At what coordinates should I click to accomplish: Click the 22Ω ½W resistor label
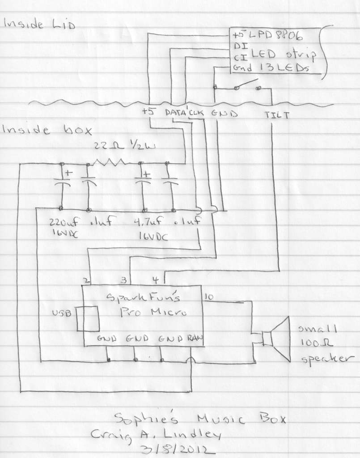(117, 146)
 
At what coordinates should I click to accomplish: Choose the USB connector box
(88, 318)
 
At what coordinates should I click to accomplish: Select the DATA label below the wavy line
(176, 113)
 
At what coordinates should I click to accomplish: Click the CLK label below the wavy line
(196, 113)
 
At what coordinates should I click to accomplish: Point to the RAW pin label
(195, 339)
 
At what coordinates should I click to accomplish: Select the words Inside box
(47, 130)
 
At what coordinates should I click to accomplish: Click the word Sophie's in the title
(146, 419)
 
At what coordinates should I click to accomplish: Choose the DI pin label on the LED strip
(237, 46)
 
